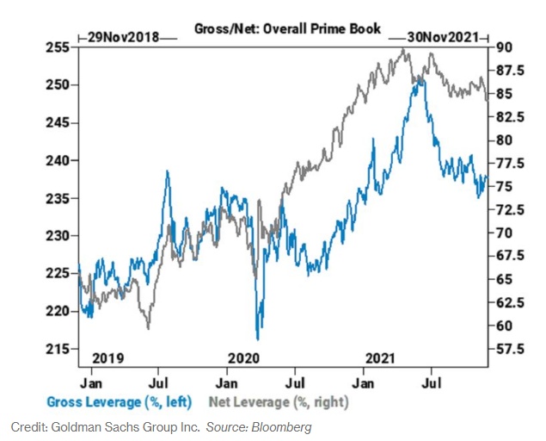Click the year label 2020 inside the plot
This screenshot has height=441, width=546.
point(244,357)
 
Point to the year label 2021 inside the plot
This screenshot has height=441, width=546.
point(380,357)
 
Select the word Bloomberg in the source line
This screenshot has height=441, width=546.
point(283,426)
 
